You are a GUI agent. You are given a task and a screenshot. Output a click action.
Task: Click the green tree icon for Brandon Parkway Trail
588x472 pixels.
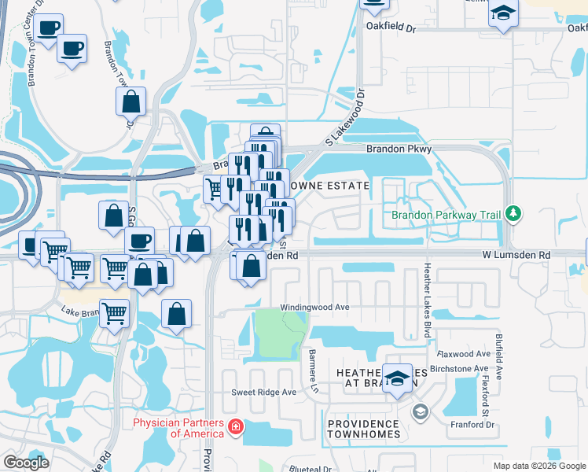513,212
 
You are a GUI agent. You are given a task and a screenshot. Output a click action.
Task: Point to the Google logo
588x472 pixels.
26,463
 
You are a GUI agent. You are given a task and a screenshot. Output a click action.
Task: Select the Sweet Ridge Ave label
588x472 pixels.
263,392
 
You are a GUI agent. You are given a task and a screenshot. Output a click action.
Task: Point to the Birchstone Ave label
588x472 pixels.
461,368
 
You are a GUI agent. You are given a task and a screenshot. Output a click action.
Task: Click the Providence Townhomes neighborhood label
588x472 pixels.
364,429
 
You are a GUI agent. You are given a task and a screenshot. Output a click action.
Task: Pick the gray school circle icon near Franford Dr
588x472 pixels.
421,411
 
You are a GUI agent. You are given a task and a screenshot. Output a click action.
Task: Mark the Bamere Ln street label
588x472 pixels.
313,361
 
